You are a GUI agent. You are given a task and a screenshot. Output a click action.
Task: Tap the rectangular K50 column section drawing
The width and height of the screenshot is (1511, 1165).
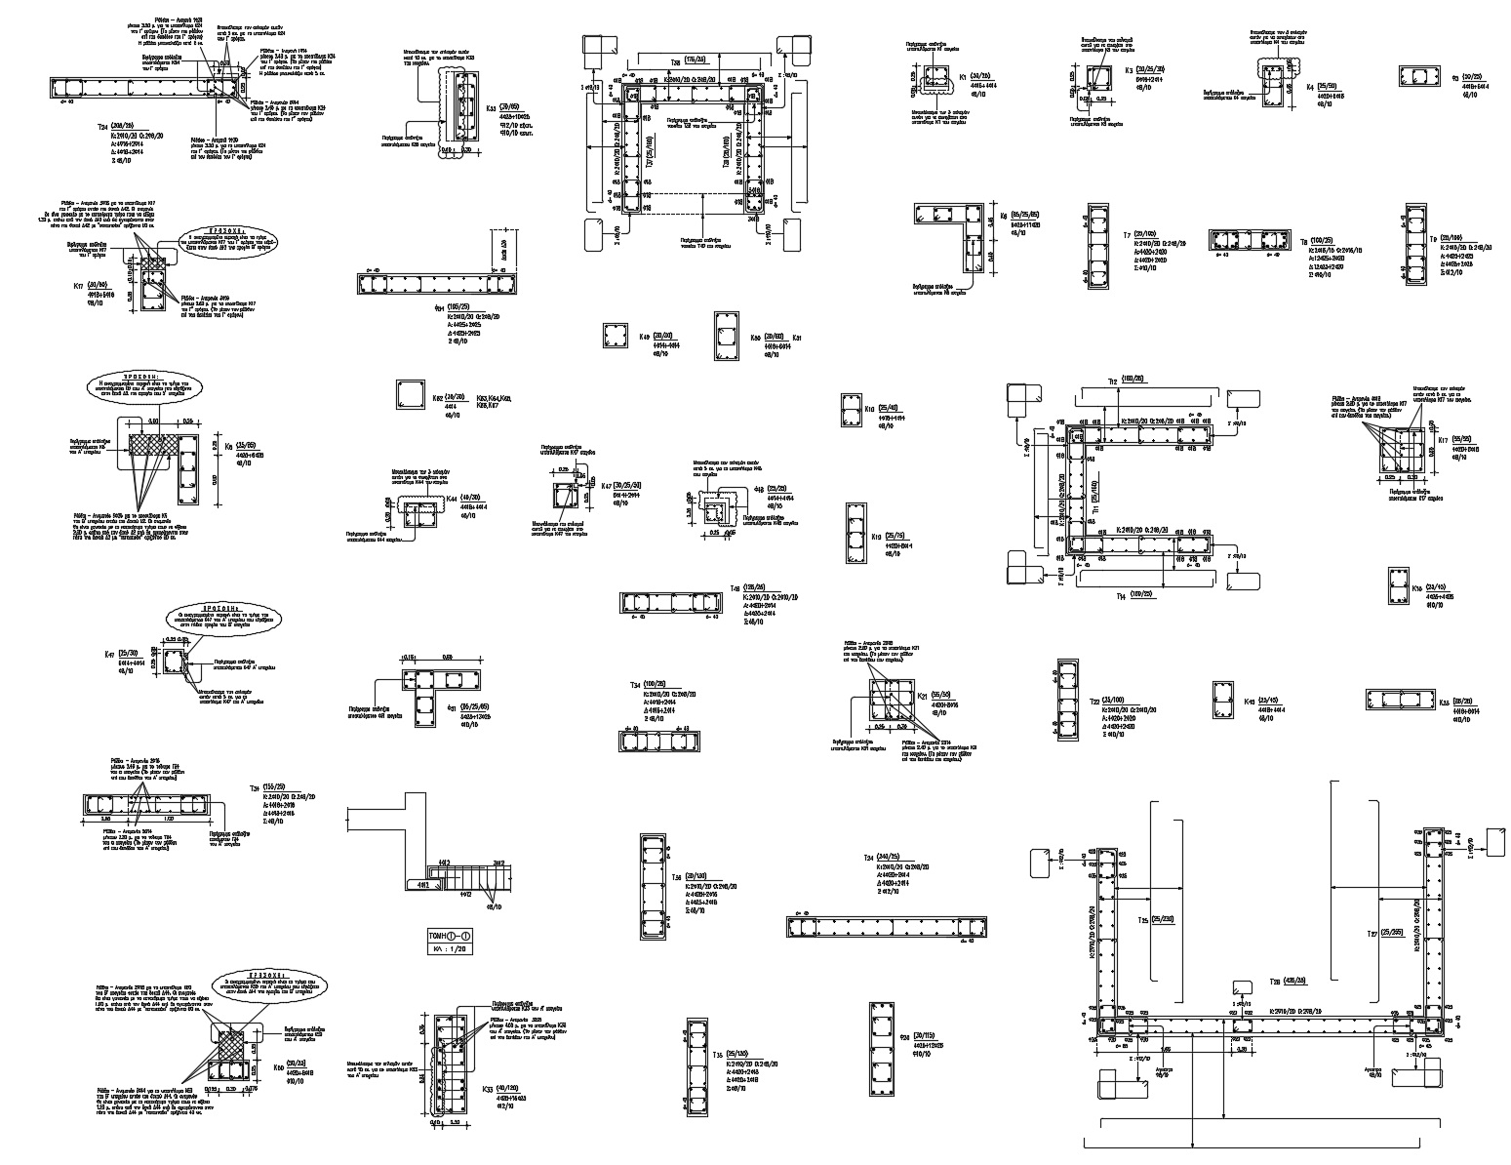coord(727,336)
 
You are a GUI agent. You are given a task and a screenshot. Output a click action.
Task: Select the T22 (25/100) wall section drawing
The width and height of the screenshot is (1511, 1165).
coord(1066,700)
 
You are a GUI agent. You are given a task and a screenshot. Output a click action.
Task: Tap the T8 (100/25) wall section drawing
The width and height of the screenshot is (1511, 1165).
coord(1251,242)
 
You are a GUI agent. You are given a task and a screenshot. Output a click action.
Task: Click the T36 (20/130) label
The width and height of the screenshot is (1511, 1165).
coord(696,876)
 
